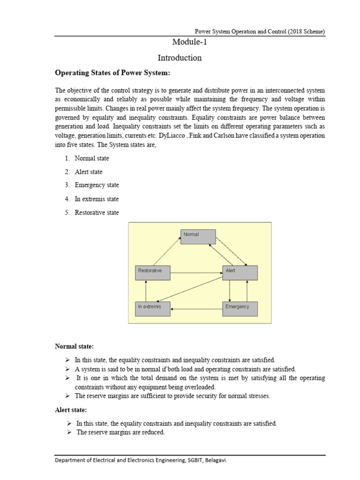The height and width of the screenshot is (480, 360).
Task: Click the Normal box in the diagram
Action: [x=198, y=237]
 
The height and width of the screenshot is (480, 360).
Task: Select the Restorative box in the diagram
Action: [x=152, y=273]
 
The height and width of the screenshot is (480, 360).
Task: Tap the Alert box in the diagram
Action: [x=240, y=273]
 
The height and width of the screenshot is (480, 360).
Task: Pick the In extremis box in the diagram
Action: [x=152, y=308]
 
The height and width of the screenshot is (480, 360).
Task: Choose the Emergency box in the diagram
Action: [x=240, y=308]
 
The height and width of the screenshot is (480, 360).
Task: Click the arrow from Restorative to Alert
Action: [x=196, y=272]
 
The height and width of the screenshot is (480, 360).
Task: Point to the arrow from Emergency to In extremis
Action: [x=196, y=309]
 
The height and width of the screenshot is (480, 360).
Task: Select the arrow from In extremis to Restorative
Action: [x=146, y=291]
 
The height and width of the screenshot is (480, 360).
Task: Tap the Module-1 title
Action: [x=189, y=43]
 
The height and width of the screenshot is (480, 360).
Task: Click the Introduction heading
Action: [x=180, y=58]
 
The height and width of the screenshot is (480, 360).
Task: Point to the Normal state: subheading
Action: [x=75, y=346]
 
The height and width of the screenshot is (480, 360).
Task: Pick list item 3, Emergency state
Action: [x=97, y=185]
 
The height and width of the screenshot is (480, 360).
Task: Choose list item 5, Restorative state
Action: [x=97, y=212]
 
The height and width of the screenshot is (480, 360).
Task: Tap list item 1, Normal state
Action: [x=92, y=158]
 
